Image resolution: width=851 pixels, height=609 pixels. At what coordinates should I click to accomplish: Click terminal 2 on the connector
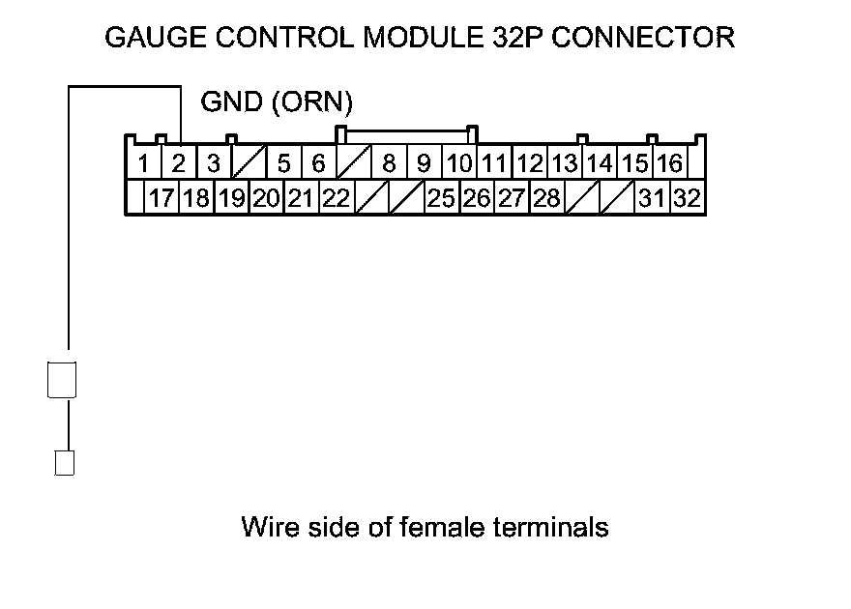click(x=178, y=162)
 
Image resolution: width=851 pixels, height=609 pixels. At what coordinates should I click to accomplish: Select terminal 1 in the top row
click(x=143, y=162)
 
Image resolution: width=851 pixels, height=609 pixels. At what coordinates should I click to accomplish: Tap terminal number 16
click(x=669, y=162)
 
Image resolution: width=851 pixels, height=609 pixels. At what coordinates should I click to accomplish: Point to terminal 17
click(x=161, y=198)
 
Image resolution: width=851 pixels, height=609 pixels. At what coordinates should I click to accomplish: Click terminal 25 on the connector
click(x=441, y=198)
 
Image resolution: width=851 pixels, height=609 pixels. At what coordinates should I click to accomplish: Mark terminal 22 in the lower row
click(x=336, y=198)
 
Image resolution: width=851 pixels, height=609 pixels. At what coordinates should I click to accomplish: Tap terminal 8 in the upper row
click(x=389, y=162)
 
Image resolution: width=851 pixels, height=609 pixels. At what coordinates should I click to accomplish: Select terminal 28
click(x=546, y=198)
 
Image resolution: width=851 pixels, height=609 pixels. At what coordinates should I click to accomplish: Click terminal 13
click(x=564, y=162)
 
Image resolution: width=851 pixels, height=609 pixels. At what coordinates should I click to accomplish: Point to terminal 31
click(x=652, y=198)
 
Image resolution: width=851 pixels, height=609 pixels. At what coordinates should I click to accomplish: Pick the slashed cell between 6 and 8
click(x=353, y=162)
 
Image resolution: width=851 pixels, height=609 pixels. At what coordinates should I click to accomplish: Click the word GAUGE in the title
click(x=148, y=38)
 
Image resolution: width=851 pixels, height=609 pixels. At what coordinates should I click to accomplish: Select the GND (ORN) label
click(x=276, y=101)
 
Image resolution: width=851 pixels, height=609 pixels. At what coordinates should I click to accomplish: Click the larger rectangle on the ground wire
click(x=62, y=378)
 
